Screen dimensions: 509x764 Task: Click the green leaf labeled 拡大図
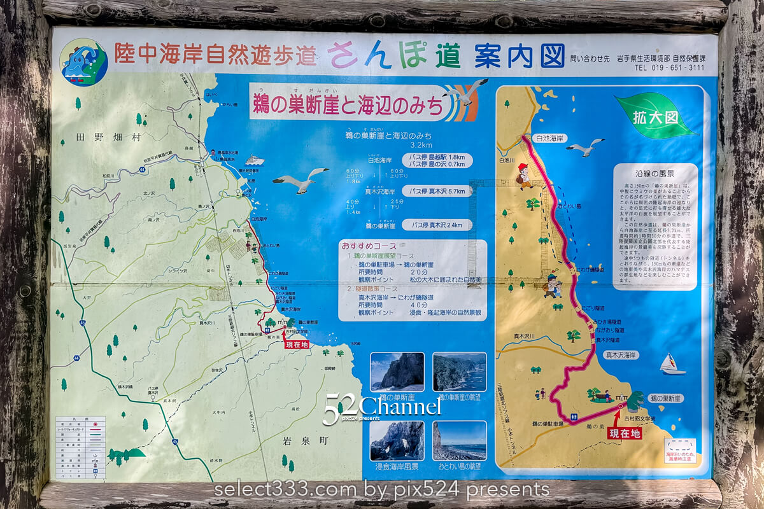[x=656, y=116]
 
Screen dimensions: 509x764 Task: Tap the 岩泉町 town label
[x=300, y=440]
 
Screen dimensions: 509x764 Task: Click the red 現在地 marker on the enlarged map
[x=624, y=433]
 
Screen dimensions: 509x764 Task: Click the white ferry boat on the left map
[x=255, y=160]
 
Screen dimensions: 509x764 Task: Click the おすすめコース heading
[x=369, y=246]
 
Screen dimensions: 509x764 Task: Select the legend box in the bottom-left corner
[x=80, y=447]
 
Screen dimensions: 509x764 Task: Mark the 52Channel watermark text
[x=382, y=407]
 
